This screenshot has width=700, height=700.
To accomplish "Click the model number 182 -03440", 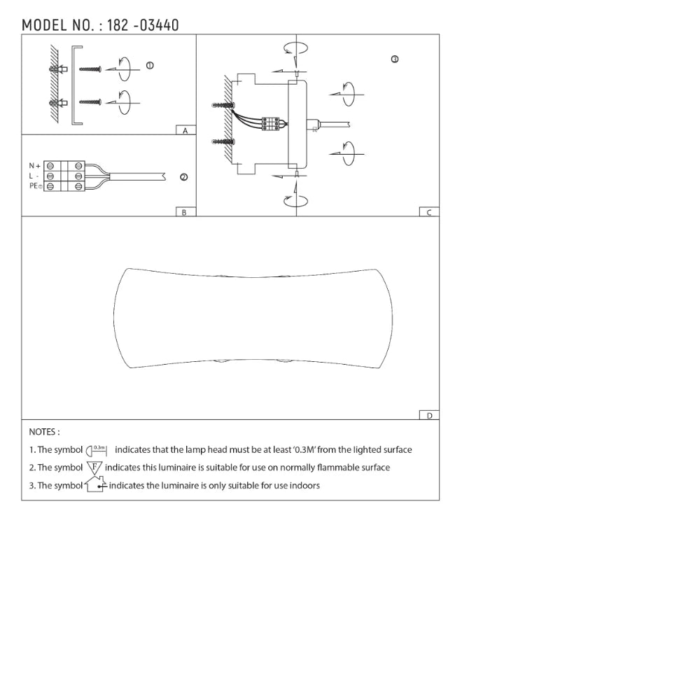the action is click(x=143, y=25).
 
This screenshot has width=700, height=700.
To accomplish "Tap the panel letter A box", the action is click(x=185, y=130).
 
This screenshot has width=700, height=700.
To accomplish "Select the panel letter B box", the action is click(x=185, y=212).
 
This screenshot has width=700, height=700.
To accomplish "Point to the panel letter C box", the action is click(x=429, y=212).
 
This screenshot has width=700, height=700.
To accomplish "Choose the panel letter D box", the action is click(x=429, y=415).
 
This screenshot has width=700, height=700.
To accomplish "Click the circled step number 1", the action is click(x=150, y=66).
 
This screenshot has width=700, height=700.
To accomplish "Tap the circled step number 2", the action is click(x=183, y=177).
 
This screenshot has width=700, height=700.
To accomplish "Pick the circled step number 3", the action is click(x=395, y=59).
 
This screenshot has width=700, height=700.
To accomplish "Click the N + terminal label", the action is click(x=35, y=166).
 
